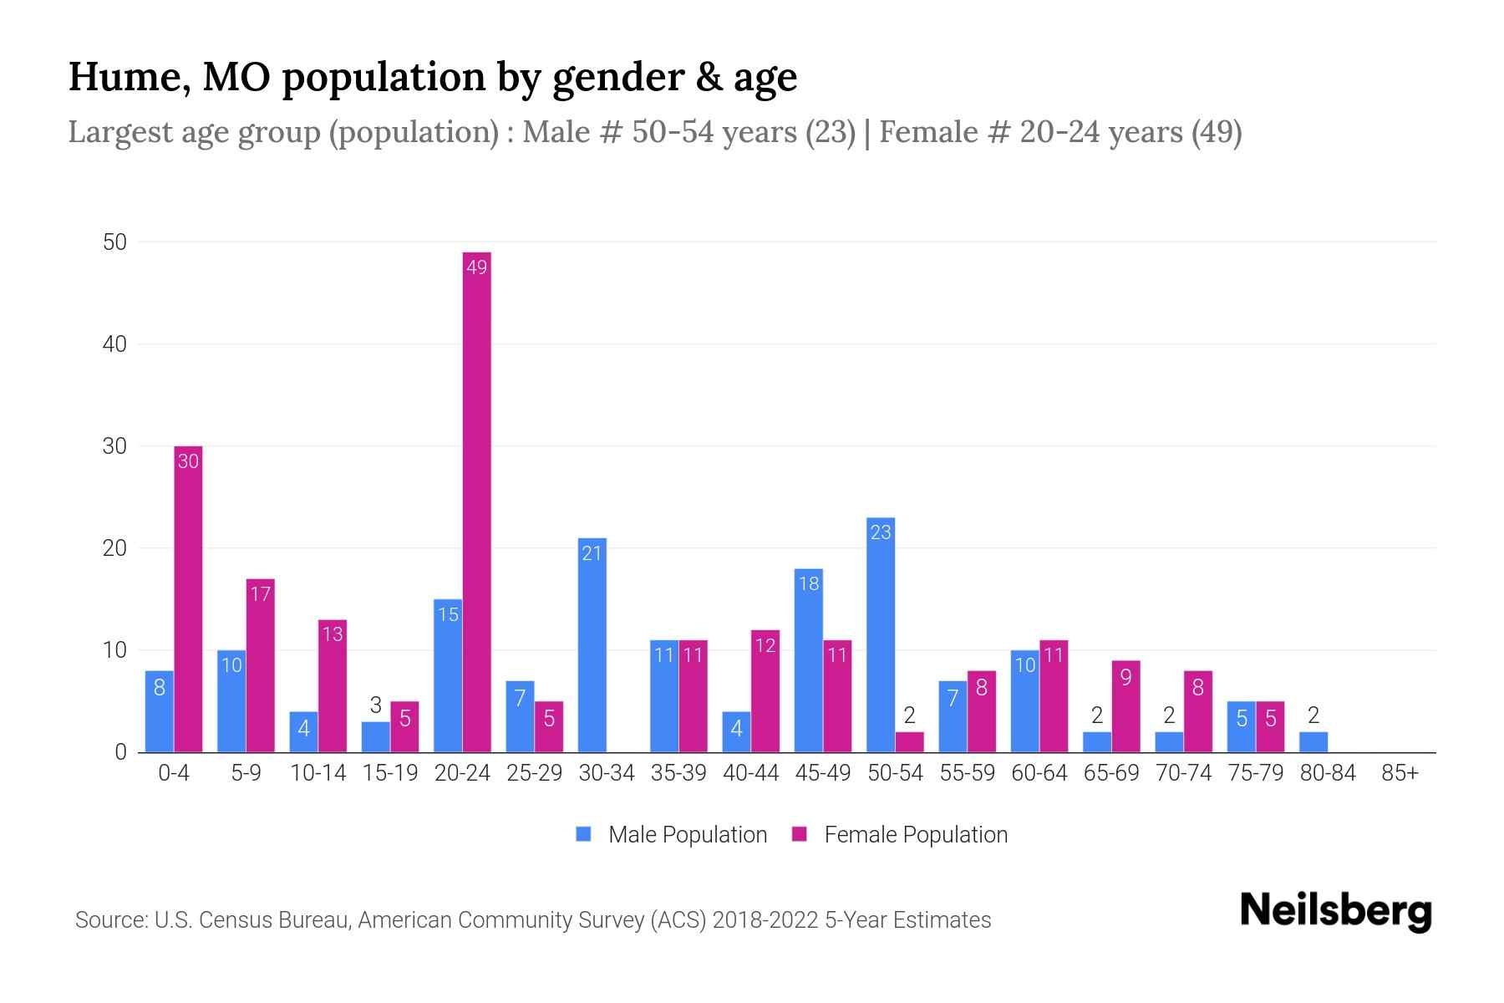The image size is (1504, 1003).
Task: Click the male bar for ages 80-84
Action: (1313, 742)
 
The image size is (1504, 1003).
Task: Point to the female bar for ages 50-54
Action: (909, 742)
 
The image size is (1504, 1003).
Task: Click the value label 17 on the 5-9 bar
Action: (260, 594)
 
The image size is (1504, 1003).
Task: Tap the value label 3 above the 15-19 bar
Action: (375, 705)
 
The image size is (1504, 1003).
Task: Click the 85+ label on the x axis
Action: (1400, 773)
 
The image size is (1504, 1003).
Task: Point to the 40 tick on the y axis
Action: (114, 344)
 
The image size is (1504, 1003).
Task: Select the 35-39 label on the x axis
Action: (678, 773)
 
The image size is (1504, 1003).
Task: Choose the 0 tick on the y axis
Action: (120, 752)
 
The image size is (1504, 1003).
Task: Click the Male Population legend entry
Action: (687, 835)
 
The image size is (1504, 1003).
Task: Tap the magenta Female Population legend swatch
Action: (800, 834)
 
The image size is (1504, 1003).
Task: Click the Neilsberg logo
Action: (1335, 911)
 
